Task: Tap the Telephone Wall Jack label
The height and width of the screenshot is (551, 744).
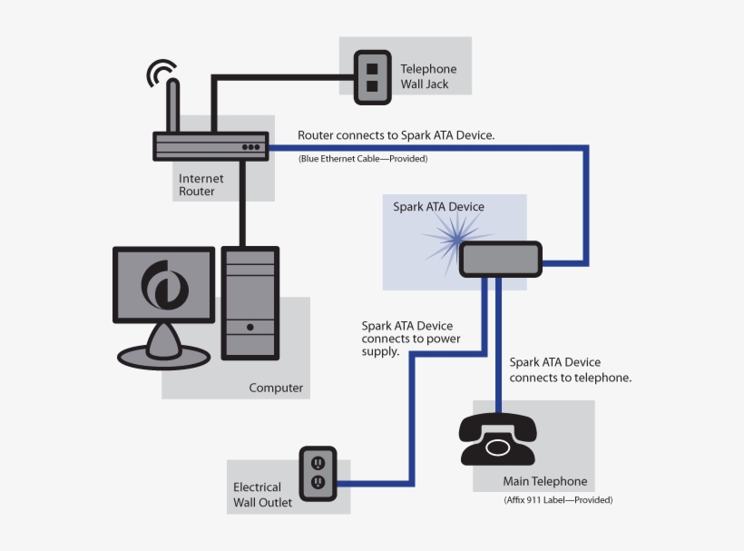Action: (x=428, y=76)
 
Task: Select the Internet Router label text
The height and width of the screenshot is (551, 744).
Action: (x=201, y=184)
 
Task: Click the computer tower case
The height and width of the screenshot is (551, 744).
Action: (x=250, y=302)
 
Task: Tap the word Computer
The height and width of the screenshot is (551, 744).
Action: (x=276, y=388)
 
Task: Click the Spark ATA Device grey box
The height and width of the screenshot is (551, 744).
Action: (x=500, y=260)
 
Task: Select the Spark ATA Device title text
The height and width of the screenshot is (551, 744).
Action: (x=438, y=206)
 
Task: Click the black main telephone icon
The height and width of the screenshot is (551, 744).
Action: (x=498, y=438)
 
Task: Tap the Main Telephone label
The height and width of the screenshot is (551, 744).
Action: (x=544, y=481)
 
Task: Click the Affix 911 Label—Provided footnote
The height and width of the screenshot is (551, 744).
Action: (x=557, y=500)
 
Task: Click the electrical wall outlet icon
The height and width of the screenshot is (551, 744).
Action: (x=318, y=471)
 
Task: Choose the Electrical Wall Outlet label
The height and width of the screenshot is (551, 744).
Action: (x=262, y=494)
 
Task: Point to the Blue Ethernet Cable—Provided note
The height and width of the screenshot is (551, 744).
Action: (x=363, y=158)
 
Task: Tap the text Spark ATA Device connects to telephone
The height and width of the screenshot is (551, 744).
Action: (x=570, y=369)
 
